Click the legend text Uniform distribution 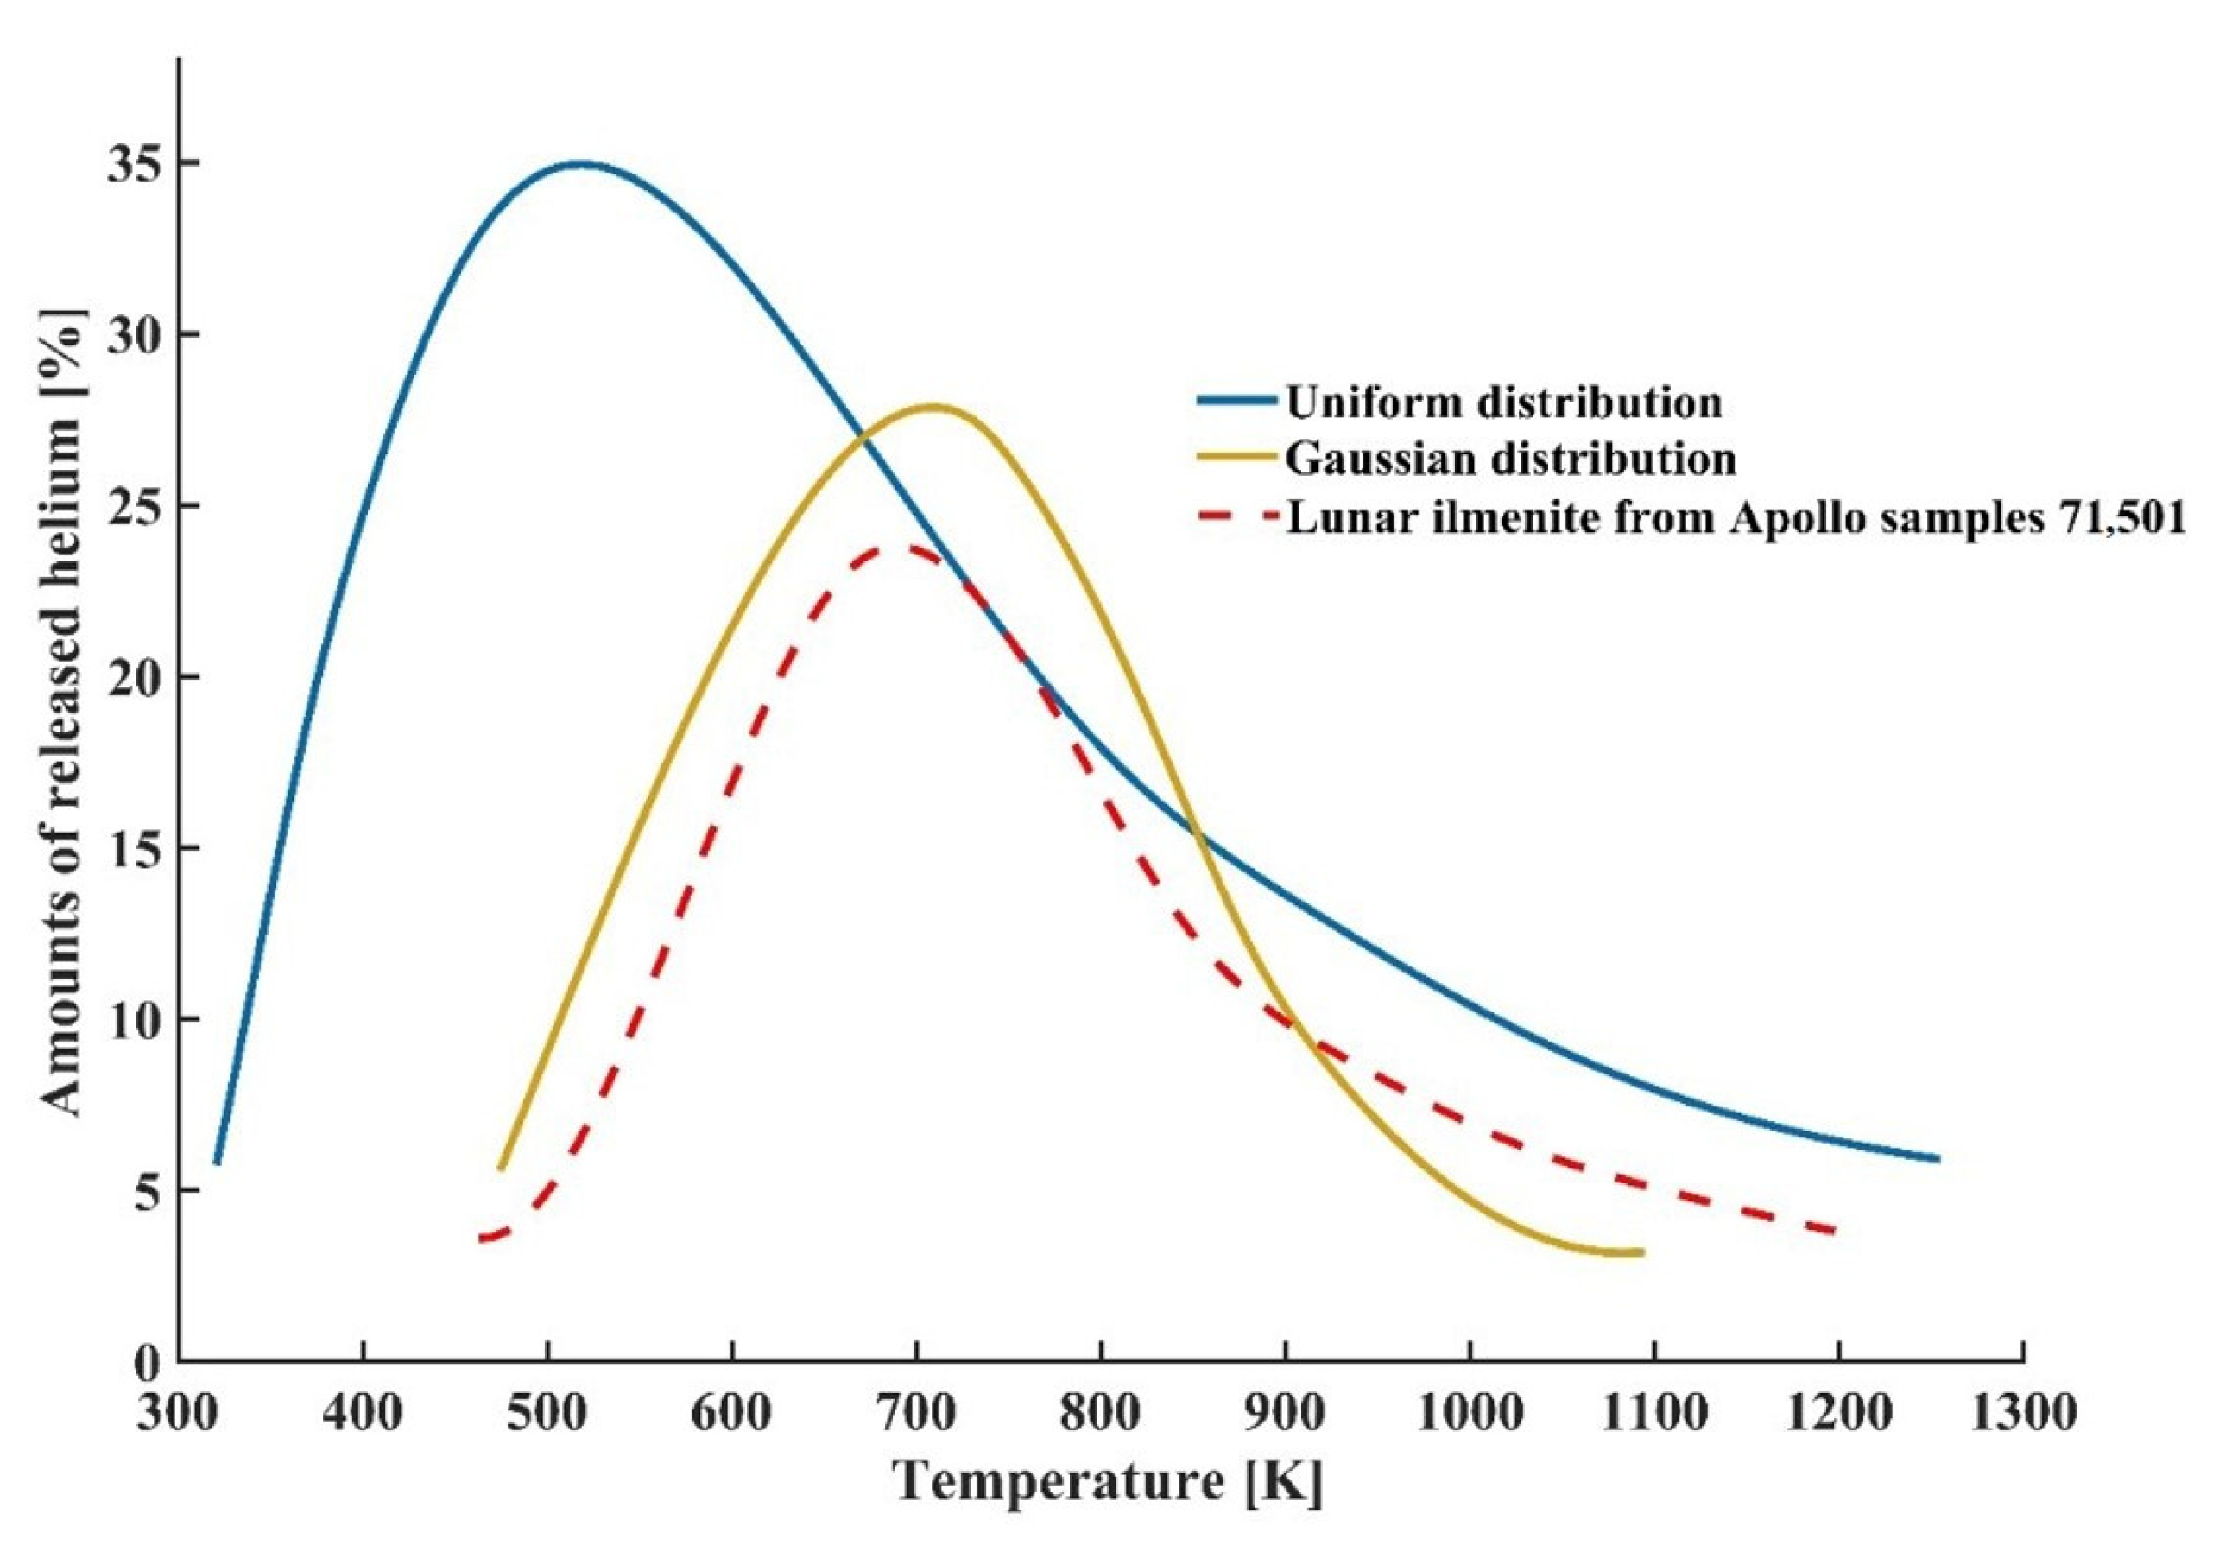[1503, 401]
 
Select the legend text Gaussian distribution [1510, 459]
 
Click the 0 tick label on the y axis [146, 1363]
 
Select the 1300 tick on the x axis [2023, 1414]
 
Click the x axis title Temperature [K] [1109, 1481]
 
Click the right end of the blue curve [1937, 1158]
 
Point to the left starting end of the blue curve [217, 1163]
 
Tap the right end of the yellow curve [1641, 1252]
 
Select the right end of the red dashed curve [1837, 1231]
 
